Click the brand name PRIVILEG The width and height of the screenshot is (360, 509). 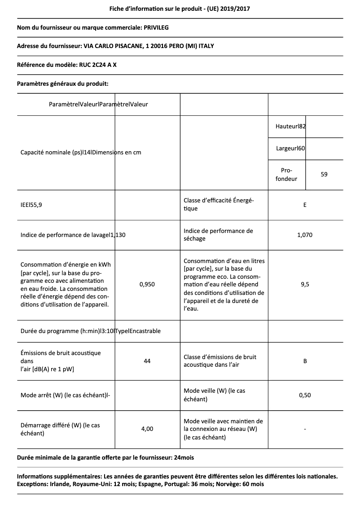coord(156,27)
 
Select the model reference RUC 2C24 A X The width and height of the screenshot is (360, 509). coord(98,65)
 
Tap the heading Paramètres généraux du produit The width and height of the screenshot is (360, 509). coord(62,83)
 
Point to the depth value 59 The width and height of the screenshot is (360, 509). coord(324,174)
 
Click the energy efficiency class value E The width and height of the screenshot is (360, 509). coord(305,205)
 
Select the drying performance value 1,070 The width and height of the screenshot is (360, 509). coord(305,235)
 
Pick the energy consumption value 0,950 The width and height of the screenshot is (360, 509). coord(147,284)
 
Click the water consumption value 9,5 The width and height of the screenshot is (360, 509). coord(305,284)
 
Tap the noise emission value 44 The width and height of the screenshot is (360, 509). coord(147,361)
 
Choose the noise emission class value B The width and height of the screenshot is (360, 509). coord(305,361)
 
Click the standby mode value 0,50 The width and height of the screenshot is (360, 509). coord(305,395)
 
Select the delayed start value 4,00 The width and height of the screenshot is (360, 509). coord(147,429)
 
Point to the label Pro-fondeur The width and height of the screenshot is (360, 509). coord(286,175)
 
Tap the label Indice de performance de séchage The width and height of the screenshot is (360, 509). coord(218,235)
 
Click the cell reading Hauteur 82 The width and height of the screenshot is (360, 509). coord(290,127)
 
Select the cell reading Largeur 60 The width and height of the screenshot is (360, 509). coord(290,149)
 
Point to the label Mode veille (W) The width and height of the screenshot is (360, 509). coord(214,395)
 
